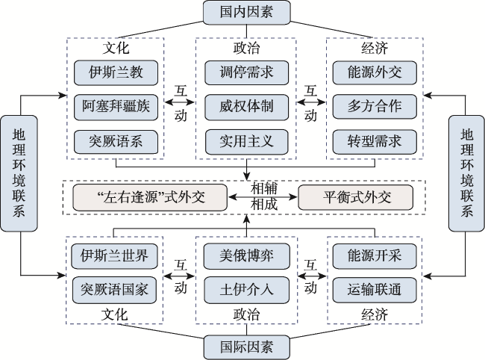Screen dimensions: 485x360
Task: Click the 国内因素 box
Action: pos(246,13)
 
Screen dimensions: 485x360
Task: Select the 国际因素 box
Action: pos(246,347)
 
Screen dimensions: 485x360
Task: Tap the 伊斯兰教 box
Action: pos(116,72)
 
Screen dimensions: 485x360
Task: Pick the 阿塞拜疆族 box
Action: pos(116,107)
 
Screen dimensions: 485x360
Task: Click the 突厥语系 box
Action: pos(116,142)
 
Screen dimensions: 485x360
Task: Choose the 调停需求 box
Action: pos(246,72)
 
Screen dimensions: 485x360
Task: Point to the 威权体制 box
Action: pos(246,107)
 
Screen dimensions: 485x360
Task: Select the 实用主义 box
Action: pos(246,142)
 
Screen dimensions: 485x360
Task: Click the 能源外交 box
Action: pos(375,72)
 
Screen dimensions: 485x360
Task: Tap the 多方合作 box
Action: pos(375,107)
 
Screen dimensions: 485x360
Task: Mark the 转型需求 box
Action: pos(375,142)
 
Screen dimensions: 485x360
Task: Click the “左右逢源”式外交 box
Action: pos(150,197)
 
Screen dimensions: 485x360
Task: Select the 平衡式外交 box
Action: pos(356,197)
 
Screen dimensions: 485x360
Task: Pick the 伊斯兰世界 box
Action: pos(114,256)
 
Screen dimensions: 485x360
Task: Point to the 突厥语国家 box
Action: pos(114,290)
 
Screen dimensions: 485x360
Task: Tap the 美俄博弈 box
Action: pos(246,256)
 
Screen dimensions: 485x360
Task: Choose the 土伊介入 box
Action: pos(246,290)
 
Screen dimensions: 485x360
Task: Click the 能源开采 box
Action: pos(375,256)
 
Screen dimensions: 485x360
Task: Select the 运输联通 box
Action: pos(375,290)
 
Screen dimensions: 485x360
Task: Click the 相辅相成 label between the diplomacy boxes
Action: pos(263,196)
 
